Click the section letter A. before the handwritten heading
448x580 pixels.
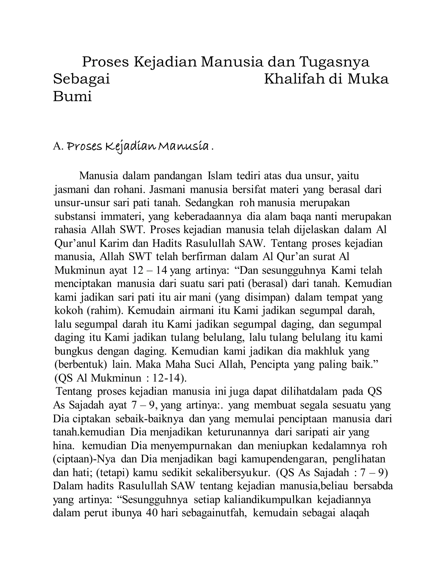[x=58, y=146]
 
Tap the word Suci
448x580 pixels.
[x=204, y=365]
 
